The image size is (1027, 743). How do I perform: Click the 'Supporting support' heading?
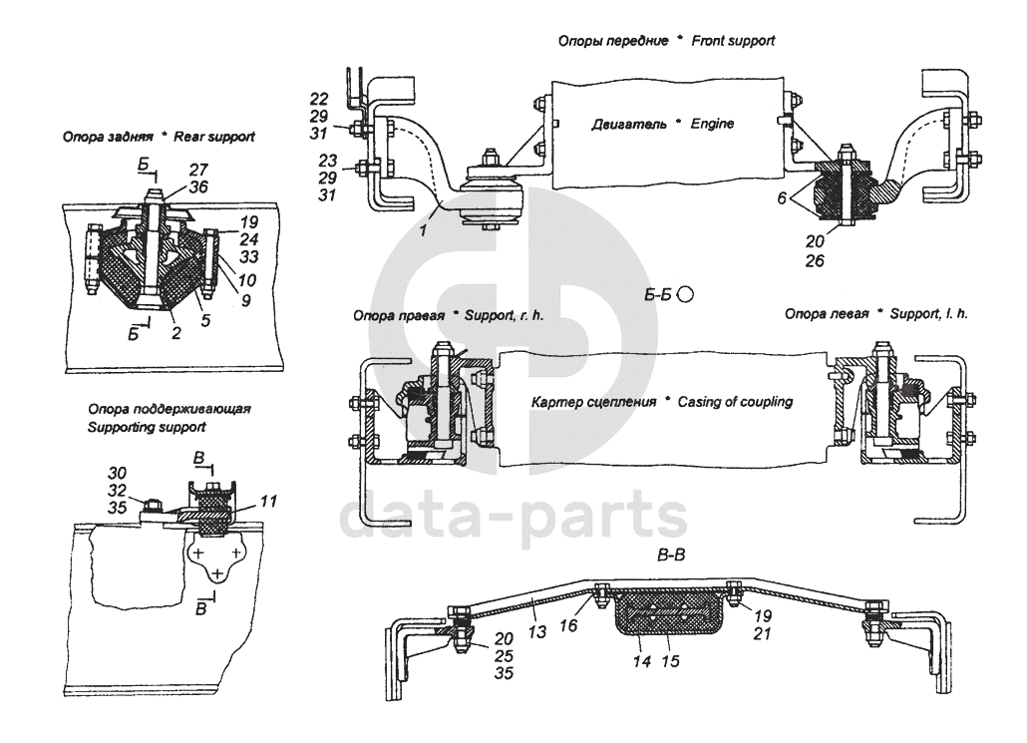click(x=147, y=426)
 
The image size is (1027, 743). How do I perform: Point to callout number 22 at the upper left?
click(x=319, y=98)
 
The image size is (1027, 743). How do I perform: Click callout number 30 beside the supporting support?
click(x=117, y=472)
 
